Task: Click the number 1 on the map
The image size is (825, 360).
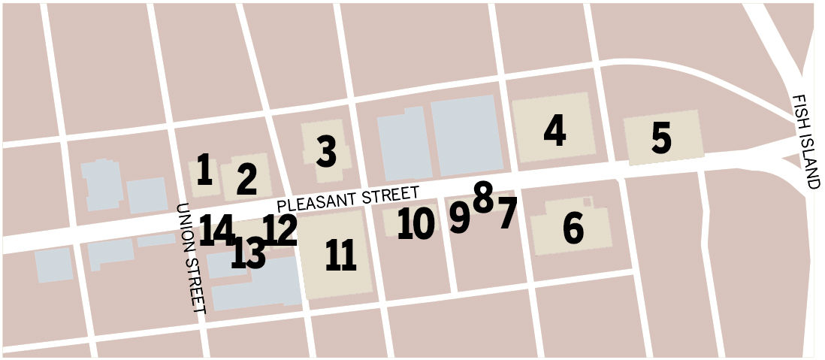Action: click(x=203, y=171)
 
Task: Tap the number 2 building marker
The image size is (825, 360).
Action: click(x=246, y=179)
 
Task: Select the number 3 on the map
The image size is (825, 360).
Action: click(x=326, y=152)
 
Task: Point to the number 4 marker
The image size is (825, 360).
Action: click(x=555, y=131)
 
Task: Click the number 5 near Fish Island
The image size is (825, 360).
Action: click(x=661, y=139)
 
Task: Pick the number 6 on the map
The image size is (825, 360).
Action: click(x=573, y=228)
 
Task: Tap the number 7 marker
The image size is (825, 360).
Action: click(x=508, y=213)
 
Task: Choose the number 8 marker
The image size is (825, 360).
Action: click(x=483, y=197)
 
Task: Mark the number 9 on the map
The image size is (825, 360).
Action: click(x=459, y=216)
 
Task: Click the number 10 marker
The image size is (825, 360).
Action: click(x=416, y=223)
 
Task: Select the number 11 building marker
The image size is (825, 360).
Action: click(x=341, y=256)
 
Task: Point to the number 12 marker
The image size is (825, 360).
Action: click(x=280, y=230)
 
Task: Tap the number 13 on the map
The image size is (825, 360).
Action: click(x=248, y=253)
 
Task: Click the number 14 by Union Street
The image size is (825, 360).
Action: click(x=217, y=229)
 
